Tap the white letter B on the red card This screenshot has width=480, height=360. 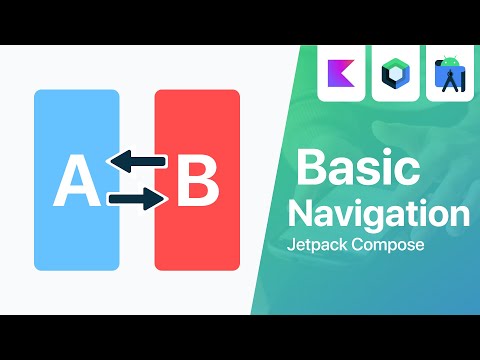[197, 181]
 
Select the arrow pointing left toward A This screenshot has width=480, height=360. [136, 160]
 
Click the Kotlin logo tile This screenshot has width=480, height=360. [341, 75]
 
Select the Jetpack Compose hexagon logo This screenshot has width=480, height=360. [395, 75]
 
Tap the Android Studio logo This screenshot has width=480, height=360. [449, 75]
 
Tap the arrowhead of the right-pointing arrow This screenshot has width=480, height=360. [157, 200]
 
